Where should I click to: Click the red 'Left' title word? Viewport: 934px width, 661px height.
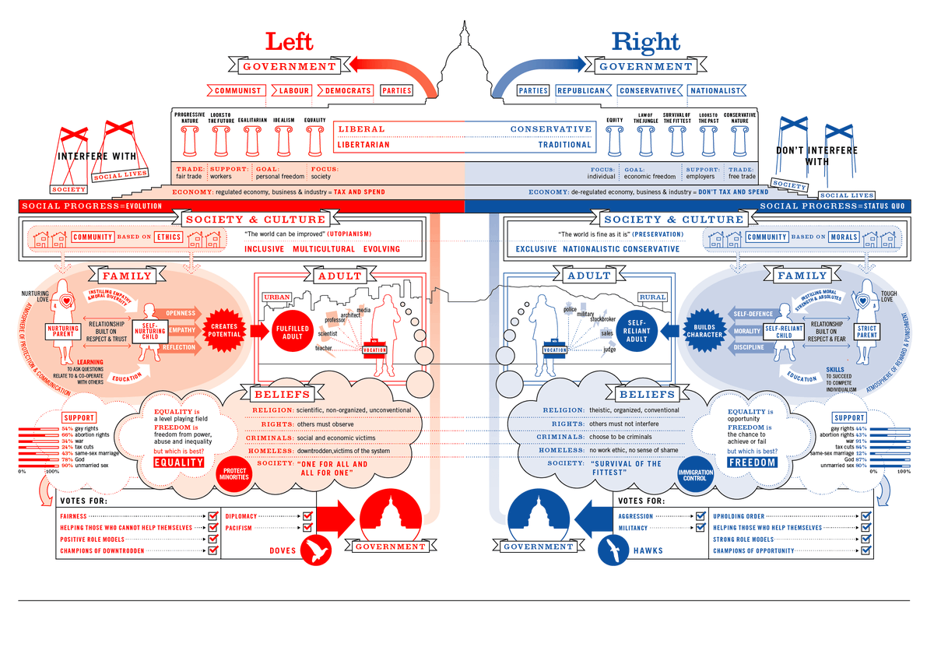(290, 42)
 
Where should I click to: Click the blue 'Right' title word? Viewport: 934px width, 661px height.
(645, 42)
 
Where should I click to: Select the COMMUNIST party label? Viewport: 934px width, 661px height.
(237, 90)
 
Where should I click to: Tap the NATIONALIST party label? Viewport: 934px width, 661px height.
(716, 90)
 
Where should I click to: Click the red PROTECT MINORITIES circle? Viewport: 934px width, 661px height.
(234, 473)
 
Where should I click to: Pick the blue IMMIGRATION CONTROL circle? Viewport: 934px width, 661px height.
(695, 474)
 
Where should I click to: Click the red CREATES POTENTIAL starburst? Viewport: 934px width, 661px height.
(224, 331)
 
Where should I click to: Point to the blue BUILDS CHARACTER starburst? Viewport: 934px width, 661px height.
(704, 330)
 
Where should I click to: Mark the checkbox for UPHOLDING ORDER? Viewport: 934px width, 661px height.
(866, 516)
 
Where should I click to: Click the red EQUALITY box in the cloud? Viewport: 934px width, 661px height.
(178, 462)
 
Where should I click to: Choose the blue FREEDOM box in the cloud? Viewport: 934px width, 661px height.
(752, 462)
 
